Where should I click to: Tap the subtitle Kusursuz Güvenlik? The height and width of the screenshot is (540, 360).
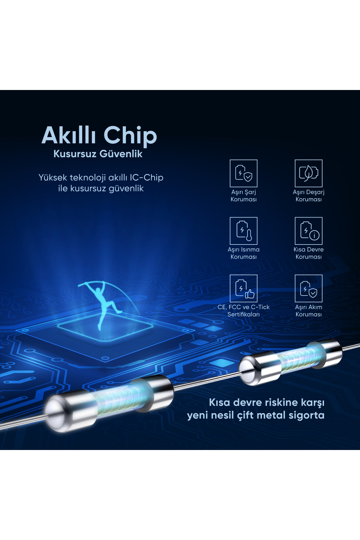click(98, 154)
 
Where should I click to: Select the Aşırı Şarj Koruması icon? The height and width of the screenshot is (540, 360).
click(244, 173)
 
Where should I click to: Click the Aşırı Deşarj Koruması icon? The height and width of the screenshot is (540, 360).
click(308, 173)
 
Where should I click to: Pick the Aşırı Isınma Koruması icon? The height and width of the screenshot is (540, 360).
click(244, 231)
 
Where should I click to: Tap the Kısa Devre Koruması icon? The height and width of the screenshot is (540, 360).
click(308, 231)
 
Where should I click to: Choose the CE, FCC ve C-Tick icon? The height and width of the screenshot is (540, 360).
click(244, 288)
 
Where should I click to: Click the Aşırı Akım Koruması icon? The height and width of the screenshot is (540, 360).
click(308, 288)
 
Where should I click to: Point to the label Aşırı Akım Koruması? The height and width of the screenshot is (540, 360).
click(308, 311)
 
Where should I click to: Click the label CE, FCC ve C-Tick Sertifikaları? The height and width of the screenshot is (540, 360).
click(244, 311)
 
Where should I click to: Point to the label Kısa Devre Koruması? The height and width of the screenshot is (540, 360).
click(308, 253)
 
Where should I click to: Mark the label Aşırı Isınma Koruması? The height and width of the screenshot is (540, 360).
click(244, 253)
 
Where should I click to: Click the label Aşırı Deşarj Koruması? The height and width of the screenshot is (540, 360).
click(308, 196)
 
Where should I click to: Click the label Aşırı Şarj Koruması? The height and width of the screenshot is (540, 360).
click(244, 196)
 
